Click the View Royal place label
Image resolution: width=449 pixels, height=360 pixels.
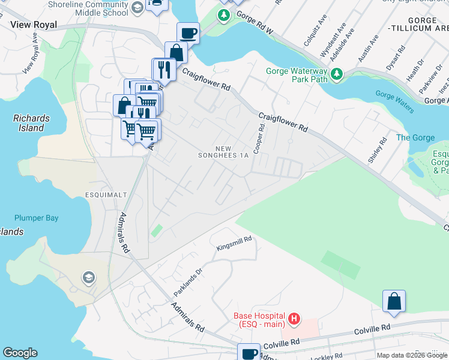[x=34, y=25]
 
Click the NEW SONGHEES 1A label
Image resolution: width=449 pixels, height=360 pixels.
[x=223, y=152]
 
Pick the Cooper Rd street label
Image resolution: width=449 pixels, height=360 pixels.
[x=259, y=139]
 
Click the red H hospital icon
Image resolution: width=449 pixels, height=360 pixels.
[x=294, y=318]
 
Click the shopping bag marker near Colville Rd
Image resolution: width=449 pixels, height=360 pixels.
[x=394, y=301]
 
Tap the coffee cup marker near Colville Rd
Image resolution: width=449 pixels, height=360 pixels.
[x=249, y=353]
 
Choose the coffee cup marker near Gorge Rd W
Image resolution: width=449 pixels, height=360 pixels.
[x=188, y=32]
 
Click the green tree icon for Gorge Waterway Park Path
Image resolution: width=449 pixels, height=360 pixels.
[x=337, y=74]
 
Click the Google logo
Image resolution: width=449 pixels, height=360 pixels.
[x=20, y=353]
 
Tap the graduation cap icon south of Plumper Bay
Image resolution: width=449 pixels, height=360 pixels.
[x=88, y=277]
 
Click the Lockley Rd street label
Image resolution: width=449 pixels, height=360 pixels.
[x=327, y=356]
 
